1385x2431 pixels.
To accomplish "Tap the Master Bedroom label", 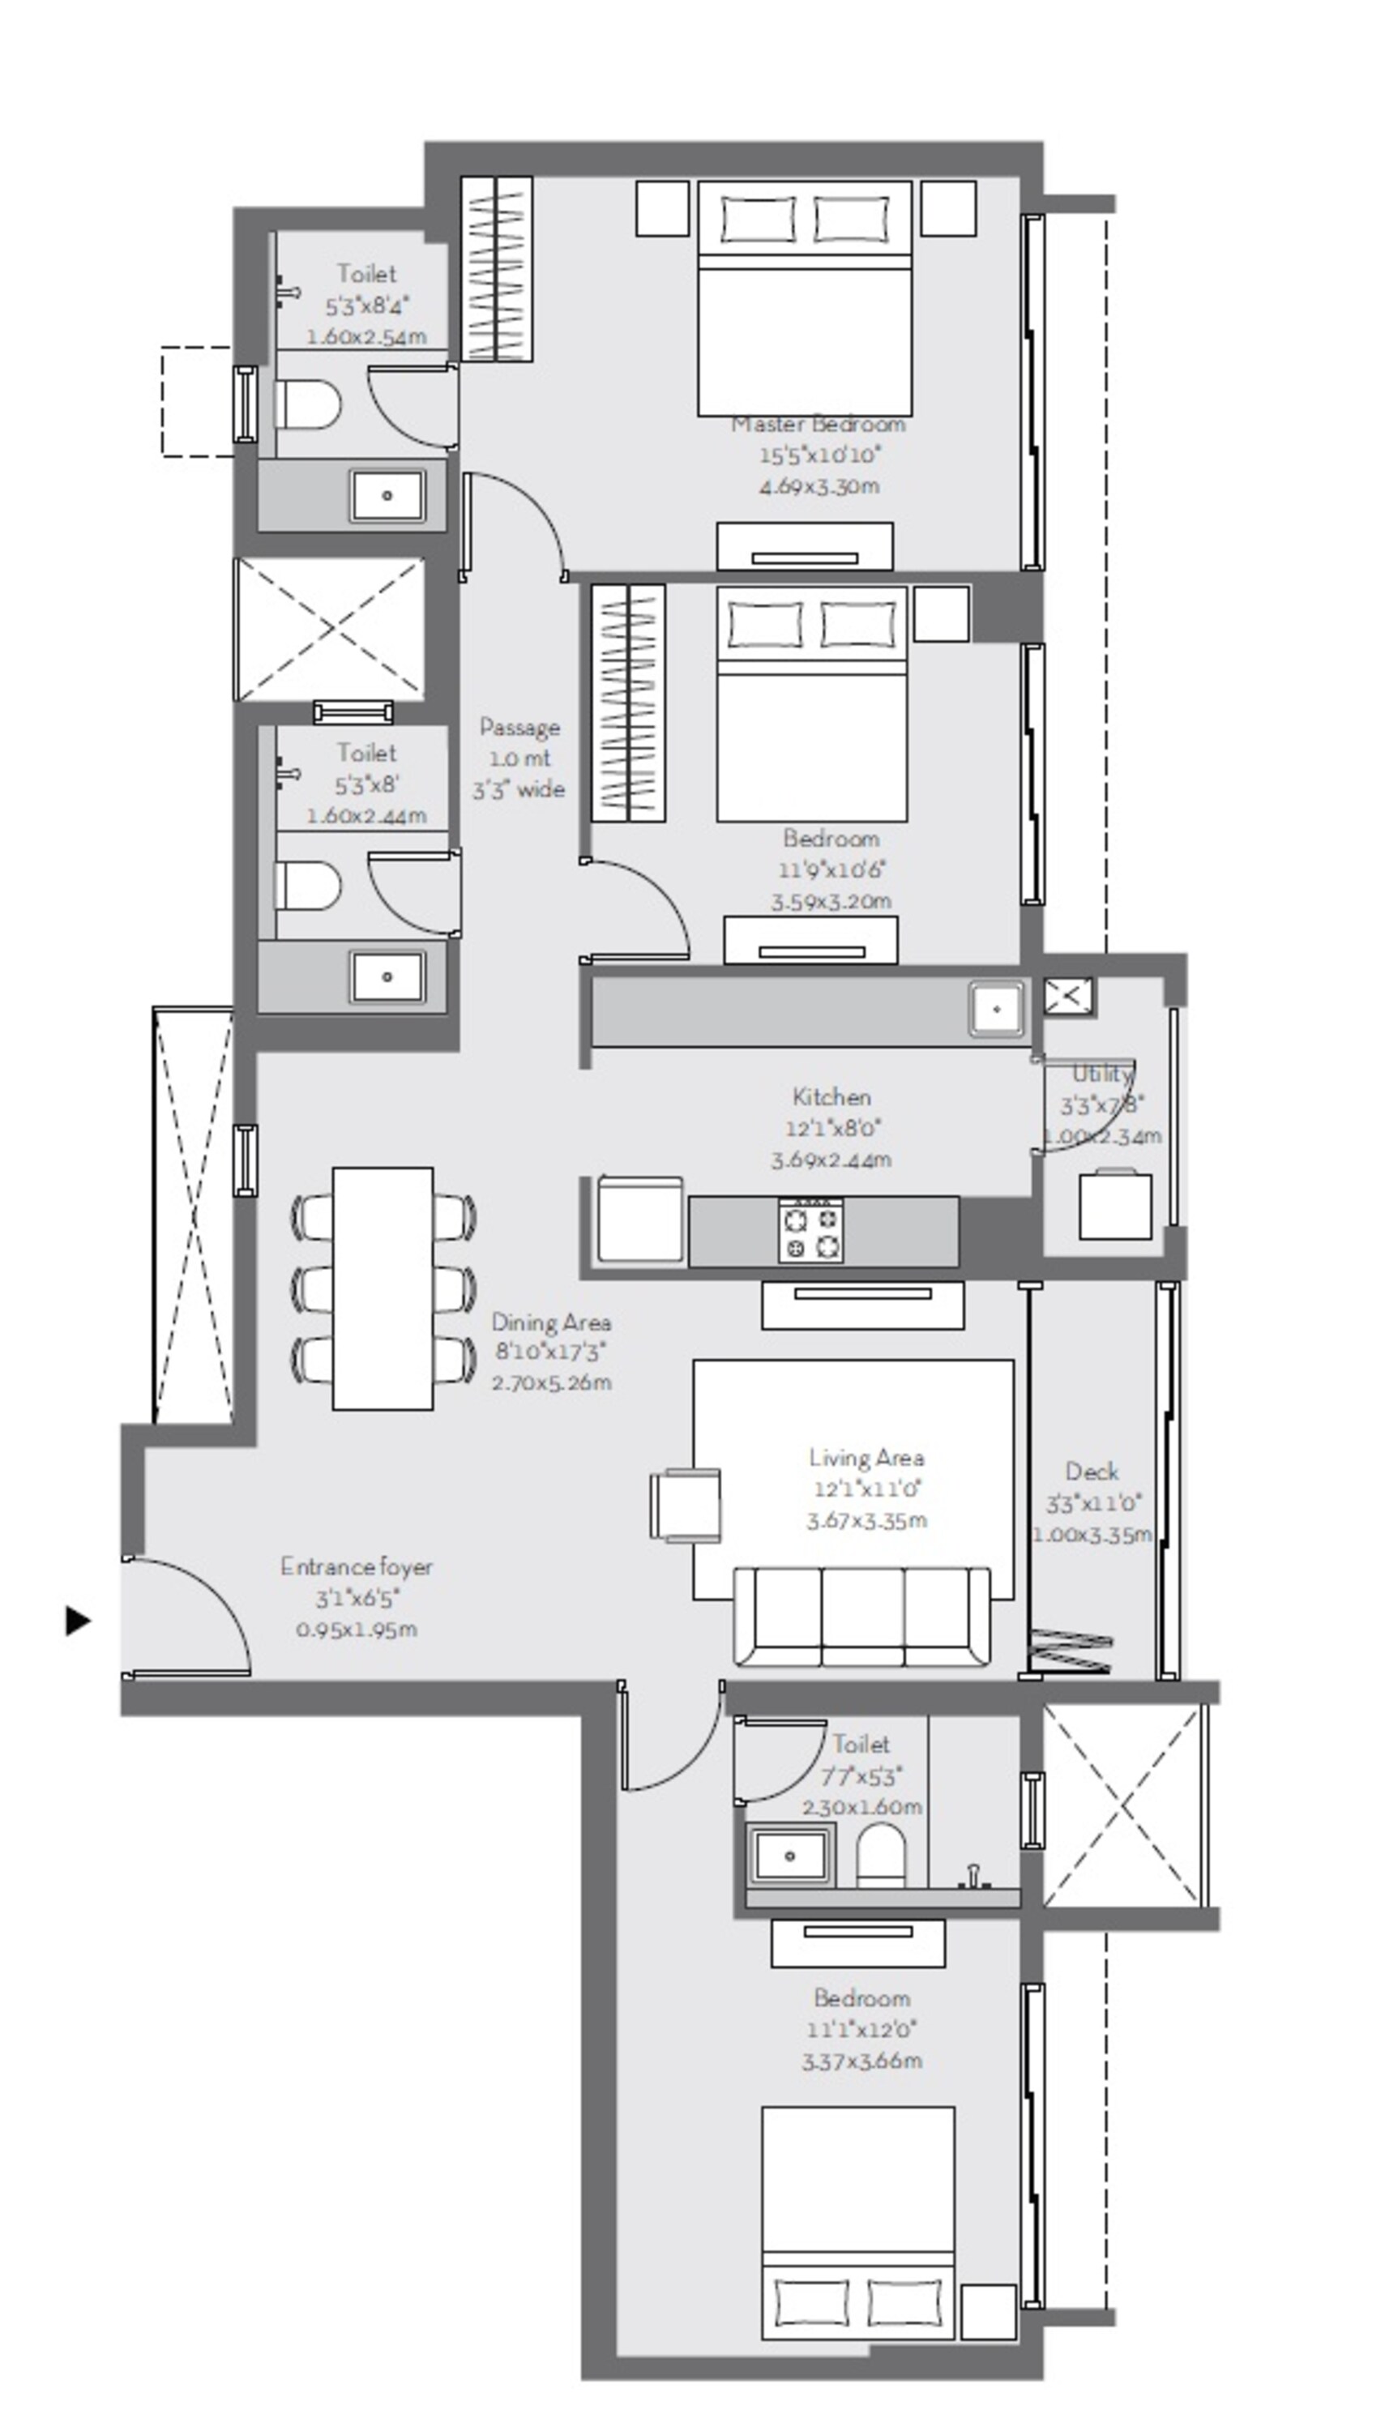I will coord(818,424).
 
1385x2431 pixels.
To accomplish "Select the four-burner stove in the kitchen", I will coord(810,1230).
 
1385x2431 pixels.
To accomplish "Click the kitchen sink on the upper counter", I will coord(996,1008).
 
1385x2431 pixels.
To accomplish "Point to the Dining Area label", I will coord(551,1322).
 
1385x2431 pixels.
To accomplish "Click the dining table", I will coord(383,1288).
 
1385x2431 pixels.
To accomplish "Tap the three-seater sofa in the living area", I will coord(861,1616).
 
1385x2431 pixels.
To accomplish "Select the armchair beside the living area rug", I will coord(685,1504).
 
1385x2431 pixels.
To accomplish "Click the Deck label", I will coord(1091,1472).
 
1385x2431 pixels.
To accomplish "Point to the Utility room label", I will coord(1102,1074).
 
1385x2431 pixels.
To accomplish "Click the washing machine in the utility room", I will coord(1115,1205).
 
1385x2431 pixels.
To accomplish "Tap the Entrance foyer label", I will coord(356,1566).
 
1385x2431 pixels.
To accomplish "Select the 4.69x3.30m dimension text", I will coord(818,487).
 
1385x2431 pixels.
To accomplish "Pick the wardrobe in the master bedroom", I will coord(497,269).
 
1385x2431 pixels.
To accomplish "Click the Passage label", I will coord(519,728).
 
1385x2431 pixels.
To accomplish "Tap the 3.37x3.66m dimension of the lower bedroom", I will coord(861,2061).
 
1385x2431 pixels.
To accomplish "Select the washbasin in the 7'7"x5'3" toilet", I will coord(789,1856).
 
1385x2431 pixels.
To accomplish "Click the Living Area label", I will coord(866,1458).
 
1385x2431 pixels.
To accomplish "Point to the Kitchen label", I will coord(831,1096).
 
